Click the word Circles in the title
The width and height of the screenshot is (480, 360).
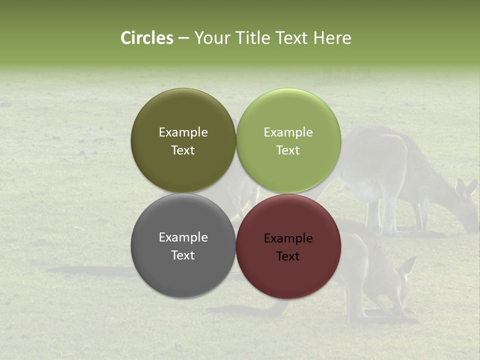(x=146, y=38)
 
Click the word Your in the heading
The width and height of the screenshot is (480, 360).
(x=211, y=38)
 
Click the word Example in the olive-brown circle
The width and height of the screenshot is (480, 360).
(x=183, y=132)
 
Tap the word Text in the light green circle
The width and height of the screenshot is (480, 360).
(x=288, y=150)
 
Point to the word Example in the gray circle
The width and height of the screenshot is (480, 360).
(x=183, y=237)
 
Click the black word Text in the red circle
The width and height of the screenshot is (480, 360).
(x=288, y=256)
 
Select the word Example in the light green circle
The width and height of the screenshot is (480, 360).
(x=288, y=132)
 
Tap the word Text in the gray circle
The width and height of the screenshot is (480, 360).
(x=183, y=255)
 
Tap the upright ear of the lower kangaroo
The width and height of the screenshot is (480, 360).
(x=407, y=264)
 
